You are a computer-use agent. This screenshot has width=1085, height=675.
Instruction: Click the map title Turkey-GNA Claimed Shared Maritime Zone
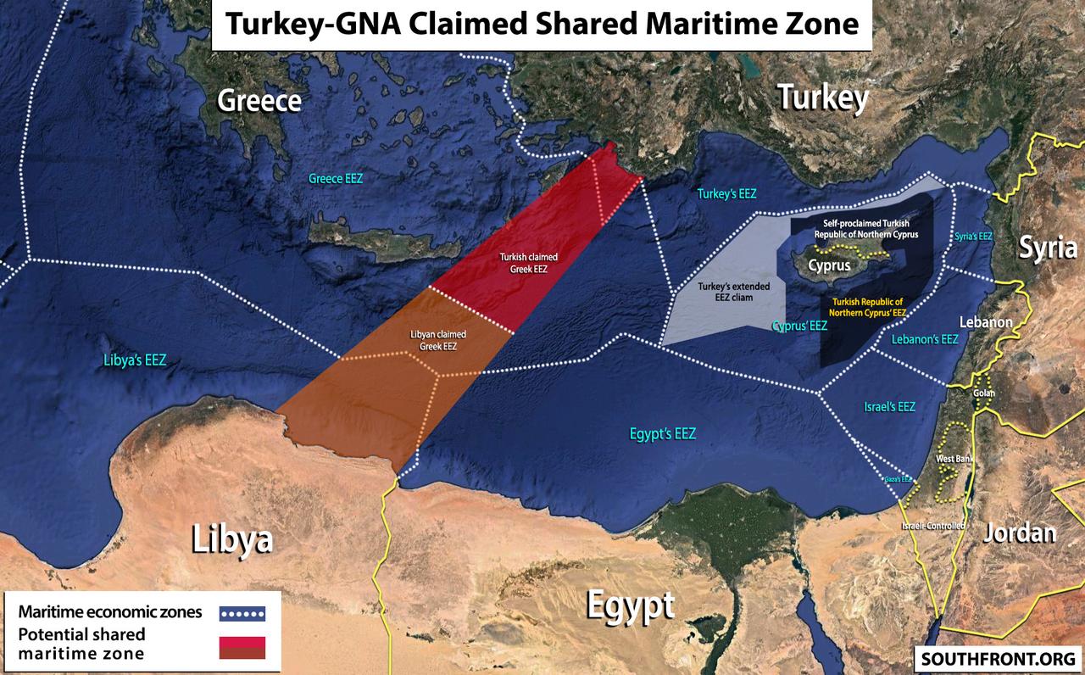click(x=542, y=24)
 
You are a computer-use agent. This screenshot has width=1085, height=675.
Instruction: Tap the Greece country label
click(x=259, y=101)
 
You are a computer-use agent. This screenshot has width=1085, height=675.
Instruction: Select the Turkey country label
click(x=823, y=98)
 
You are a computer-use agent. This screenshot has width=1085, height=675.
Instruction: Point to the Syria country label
click(x=1048, y=248)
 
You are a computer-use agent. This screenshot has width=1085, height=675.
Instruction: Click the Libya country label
click(x=231, y=539)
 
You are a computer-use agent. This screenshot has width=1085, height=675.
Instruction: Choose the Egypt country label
click(x=631, y=605)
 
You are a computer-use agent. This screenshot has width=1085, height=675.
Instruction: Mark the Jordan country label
click(x=1020, y=533)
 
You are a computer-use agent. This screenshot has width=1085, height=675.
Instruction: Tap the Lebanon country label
click(x=986, y=322)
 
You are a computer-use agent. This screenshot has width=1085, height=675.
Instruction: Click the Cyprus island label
click(x=829, y=265)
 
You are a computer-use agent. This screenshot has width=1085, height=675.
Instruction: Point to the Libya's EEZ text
click(x=134, y=360)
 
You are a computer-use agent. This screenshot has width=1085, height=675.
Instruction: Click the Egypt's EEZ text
click(x=663, y=433)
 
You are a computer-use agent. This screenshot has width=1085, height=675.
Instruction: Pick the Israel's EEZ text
click(x=889, y=406)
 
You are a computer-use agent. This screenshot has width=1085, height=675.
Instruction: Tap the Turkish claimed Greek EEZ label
click(x=523, y=262)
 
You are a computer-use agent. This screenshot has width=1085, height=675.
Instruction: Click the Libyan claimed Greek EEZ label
click(x=438, y=340)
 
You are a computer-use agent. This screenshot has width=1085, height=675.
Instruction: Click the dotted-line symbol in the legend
click(x=242, y=613)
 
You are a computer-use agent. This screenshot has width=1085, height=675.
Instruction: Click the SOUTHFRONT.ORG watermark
click(x=997, y=658)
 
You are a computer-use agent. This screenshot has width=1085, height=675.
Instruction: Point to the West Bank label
click(x=953, y=459)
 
